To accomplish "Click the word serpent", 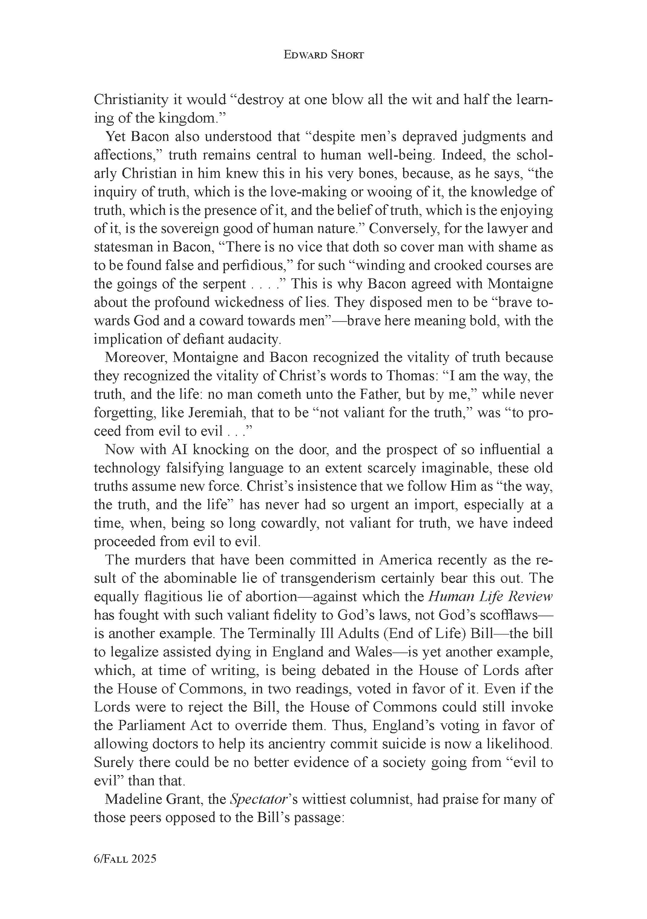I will coord(223,284).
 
